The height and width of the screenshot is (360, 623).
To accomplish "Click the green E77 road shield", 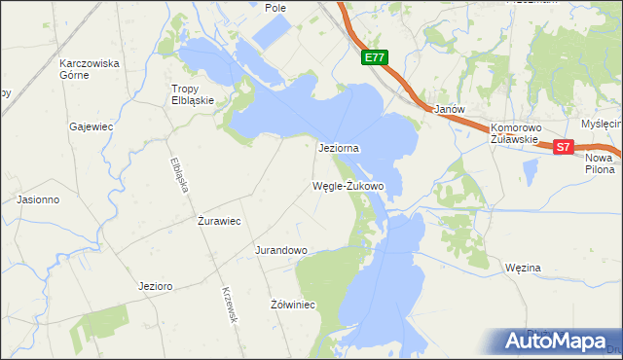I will click(375, 58).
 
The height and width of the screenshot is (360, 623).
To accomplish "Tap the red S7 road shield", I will click(564, 147).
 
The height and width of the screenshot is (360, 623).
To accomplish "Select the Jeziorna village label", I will click(340, 148).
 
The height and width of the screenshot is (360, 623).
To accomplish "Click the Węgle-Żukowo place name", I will click(348, 185).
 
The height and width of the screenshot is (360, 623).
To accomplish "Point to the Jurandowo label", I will click(281, 250).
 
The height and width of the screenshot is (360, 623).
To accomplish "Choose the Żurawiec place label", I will click(219, 221).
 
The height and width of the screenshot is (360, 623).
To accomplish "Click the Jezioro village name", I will click(156, 286).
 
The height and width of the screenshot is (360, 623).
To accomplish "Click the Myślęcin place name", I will click(601, 124).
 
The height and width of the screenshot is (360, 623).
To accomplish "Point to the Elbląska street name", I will click(178, 174).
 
